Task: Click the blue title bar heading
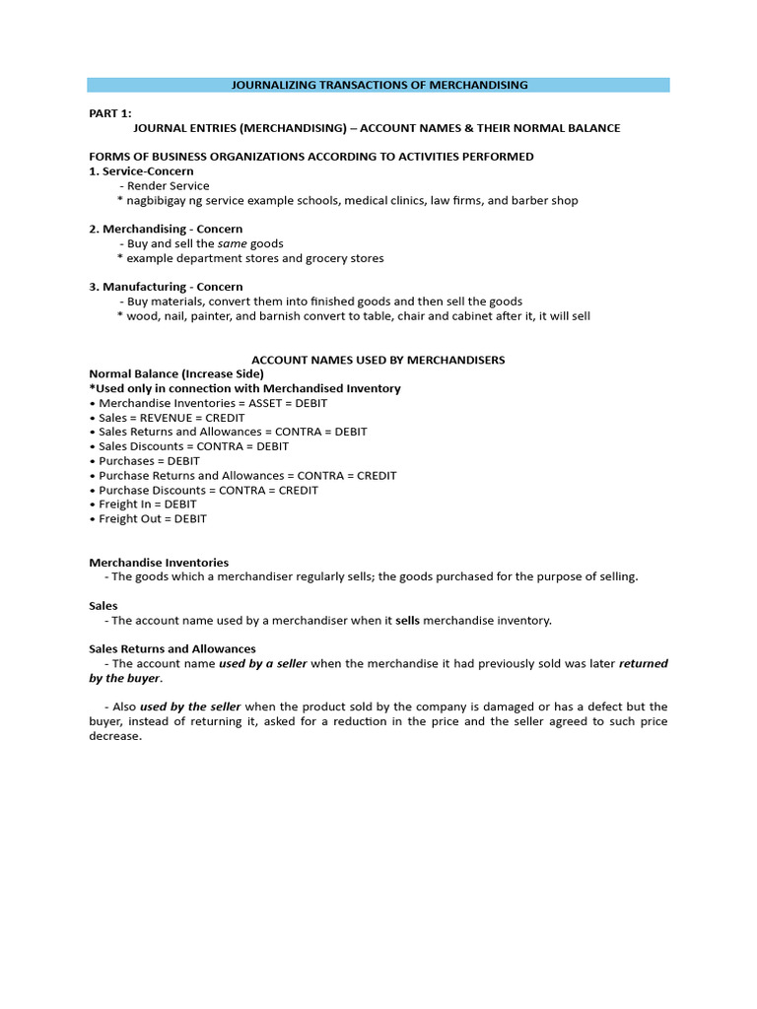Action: click(379, 85)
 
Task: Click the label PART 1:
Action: click(110, 113)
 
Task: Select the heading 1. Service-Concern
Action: click(141, 171)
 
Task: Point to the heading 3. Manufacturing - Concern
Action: click(166, 287)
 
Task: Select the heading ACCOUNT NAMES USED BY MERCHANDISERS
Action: click(378, 360)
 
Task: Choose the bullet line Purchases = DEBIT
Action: click(149, 461)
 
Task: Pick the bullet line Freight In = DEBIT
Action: click(148, 504)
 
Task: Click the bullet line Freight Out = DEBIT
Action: click(153, 519)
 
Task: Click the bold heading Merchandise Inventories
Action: click(159, 563)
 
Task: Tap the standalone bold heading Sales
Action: click(103, 606)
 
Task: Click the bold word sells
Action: click(408, 621)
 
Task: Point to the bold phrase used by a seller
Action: click(263, 664)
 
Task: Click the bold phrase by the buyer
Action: click(124, 679)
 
